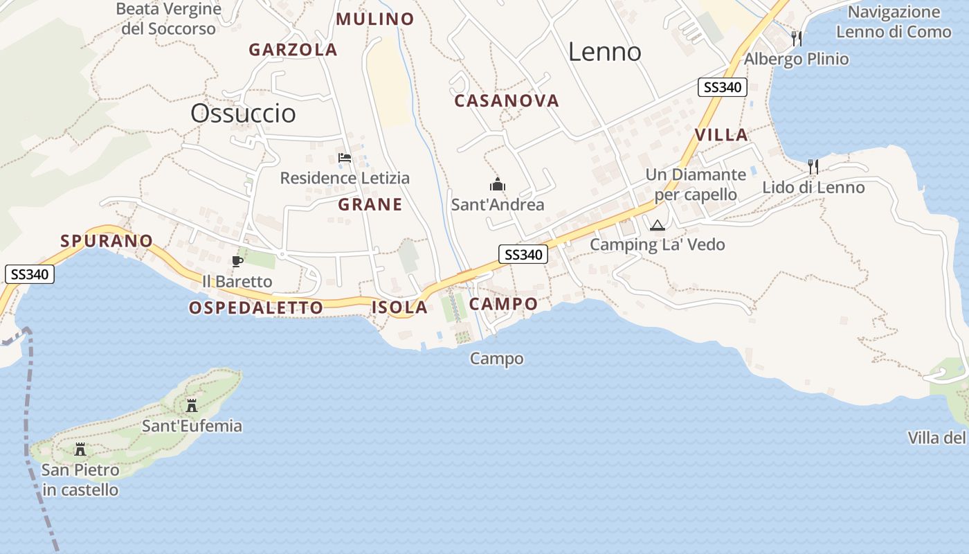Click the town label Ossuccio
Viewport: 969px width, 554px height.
coord(243,114)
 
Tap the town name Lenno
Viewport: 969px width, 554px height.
coord(605,52)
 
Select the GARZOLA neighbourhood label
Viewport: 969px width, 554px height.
coord(293,50)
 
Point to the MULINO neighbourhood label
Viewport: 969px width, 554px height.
coord(375,19)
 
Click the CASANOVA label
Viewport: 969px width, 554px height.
coord(507,101)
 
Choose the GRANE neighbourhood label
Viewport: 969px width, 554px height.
coord(370,204)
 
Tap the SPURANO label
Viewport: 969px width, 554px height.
coord(107,241)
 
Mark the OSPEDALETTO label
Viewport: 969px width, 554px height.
coord(256,307)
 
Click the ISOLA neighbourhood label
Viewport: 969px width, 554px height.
coord(400,307)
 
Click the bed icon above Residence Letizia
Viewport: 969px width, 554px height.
coord(344,158)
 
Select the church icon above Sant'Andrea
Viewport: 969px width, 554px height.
coord(498,185)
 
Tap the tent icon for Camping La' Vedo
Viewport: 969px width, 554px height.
coord(657,225)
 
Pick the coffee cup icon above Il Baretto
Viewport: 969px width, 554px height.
coord(237,261)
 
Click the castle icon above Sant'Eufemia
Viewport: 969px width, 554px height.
coord(192,405)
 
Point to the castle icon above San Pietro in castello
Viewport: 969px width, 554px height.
coord(80,449)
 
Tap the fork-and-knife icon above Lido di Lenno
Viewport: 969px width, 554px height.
coord(813,167)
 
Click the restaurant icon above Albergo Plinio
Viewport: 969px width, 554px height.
coord(797,38)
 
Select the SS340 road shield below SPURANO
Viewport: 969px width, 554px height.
coord(30,274)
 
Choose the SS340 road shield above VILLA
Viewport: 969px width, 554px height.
coord(723,87)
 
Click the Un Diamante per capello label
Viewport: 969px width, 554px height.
coord(696,184)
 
